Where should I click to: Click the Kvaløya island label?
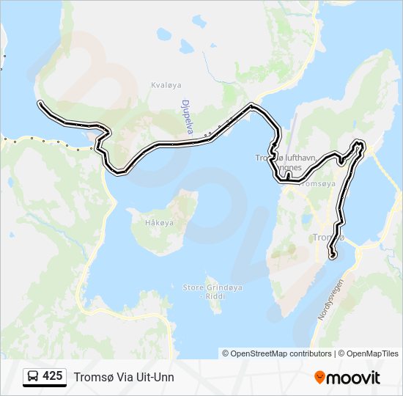(x=163, y=84)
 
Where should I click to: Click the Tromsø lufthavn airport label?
(x=278, y=158)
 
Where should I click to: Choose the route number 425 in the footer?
(x=53, y=376)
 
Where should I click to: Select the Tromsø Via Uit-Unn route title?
(x=124, y=377)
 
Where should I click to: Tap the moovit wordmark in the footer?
(x=354, y=378)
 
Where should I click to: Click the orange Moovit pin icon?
(x=320, y=378)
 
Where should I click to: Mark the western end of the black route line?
(x=40, y=103)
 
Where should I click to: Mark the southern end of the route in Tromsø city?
(x=333, y=256)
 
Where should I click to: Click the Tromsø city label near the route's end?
(x=328, y=238)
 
